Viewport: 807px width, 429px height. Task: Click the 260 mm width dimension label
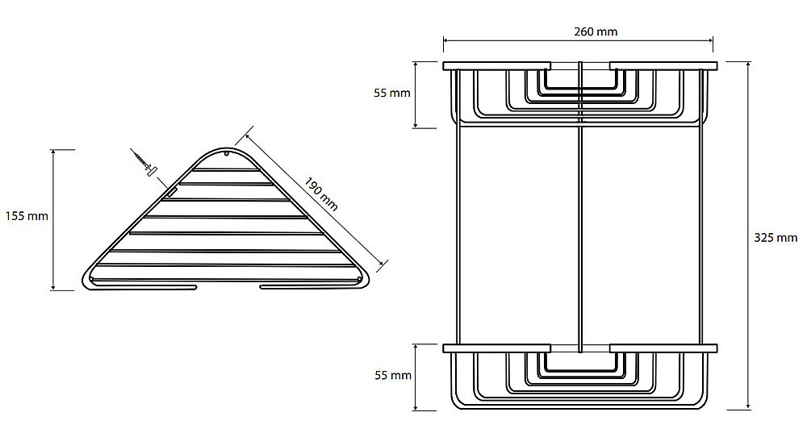tap(596, 32)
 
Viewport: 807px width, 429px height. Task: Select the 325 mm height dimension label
tap(776, 238)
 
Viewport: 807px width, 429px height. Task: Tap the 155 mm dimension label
tap(27, 216)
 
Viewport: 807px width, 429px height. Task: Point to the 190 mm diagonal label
tap(320, 194)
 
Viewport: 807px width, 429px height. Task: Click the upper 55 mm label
tap(392, 93)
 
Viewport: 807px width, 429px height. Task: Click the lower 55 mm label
tap(393, 376)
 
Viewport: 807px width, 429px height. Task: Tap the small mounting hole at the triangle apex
tap(227, 153)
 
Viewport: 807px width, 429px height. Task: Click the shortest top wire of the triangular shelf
tap(227, 169)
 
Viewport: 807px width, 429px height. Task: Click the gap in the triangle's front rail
tap(228, 286)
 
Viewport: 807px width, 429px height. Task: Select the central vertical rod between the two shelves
tap(580, 206)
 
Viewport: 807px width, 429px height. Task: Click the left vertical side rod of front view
tap(457, 234)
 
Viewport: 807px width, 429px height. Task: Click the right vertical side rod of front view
tap(703, 234)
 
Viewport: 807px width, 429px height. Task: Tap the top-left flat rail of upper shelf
tap(496, 66)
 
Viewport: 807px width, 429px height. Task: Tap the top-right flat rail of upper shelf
tap(664, 66)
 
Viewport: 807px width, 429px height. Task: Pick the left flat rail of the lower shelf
tap(496, 348)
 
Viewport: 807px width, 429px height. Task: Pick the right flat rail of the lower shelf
tap(664, 348)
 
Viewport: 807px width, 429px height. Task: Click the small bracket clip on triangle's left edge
tap(171, 193)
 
